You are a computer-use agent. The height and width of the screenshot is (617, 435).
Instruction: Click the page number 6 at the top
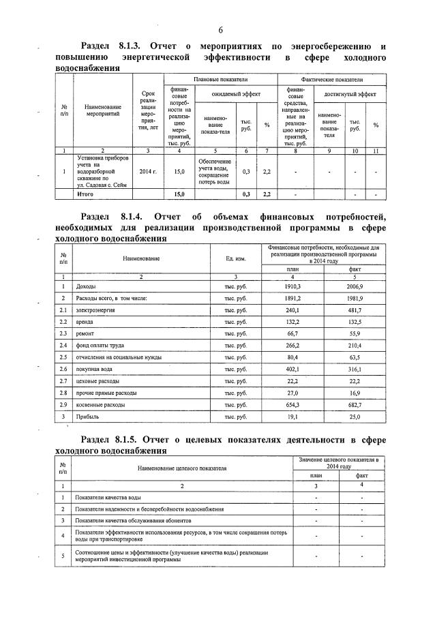point(221,30)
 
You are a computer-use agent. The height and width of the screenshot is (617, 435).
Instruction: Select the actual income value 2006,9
point(355,287)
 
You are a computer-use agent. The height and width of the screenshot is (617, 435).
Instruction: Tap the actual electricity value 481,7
point(355,310)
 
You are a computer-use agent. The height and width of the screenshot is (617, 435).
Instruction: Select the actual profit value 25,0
point(355,415)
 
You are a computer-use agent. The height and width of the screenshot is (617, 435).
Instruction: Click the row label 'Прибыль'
point(87,415)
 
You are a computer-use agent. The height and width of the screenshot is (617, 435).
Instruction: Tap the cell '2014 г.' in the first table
point(148,171)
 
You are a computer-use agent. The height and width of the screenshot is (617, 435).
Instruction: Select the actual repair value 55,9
point(355,333)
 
